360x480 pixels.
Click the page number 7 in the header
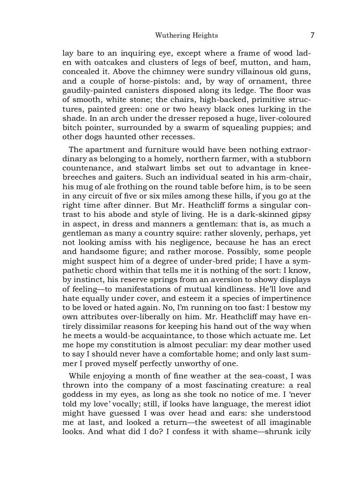(312, 35)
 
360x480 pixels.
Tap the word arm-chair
(294, 177)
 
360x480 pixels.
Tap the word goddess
(77, 394)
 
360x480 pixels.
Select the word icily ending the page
(302, 432)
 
